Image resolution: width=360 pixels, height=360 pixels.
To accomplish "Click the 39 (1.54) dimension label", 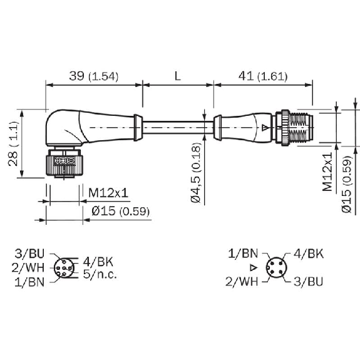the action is (94, 76).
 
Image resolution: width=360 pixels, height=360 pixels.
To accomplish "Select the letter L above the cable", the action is (177, 76).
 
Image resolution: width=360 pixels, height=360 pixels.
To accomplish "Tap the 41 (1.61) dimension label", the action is (263, 76).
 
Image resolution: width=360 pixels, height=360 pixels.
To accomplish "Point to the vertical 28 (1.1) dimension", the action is (13, 143).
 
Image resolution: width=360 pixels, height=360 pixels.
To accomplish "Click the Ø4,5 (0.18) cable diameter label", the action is (196, 173).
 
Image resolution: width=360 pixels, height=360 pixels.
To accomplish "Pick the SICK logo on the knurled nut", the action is (65, 161).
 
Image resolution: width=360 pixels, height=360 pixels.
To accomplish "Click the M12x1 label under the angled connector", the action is (108, 193).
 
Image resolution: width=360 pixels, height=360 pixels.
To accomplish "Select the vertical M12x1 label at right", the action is (327, 172).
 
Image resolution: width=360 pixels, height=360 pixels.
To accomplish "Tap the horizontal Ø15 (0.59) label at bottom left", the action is (121, 211).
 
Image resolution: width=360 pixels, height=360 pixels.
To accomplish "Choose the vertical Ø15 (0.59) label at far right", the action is (347, 184).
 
